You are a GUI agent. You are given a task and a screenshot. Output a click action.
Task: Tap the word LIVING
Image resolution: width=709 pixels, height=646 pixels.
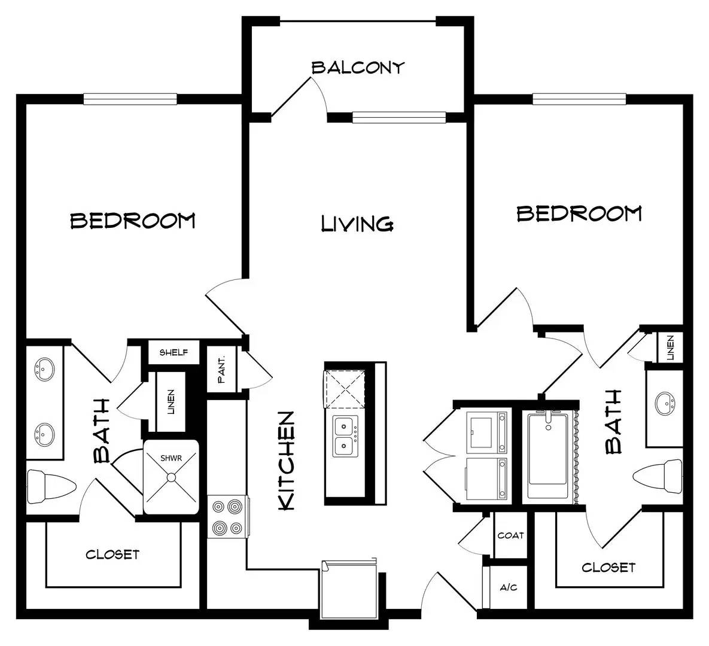(x=357, y=224)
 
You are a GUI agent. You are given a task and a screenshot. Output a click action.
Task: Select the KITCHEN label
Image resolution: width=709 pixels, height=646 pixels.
(x=287, y=461)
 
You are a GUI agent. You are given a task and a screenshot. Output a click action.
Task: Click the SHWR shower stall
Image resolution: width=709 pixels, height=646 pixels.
(x=171, y=477)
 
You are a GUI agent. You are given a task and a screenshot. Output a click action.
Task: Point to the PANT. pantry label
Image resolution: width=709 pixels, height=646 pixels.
(x=221, y=370)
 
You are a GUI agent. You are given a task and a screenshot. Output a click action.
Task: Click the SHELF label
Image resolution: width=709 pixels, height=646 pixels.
(x=174, y=352)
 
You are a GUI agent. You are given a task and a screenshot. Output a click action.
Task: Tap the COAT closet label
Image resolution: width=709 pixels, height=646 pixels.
(x=510, y=536)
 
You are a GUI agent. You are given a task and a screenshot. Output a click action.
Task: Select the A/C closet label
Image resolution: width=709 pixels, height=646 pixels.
(x=508, y=588)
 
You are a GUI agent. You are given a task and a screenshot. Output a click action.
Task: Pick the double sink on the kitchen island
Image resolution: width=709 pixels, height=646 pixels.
(x=346, y=437)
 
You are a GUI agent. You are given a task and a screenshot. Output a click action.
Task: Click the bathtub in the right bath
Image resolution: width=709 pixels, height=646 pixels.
(x=549, y=456)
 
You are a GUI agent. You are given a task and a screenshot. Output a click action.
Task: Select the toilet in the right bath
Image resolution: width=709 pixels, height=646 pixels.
(x=658, y=477)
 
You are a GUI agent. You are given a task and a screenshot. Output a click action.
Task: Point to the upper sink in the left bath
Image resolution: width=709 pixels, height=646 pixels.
(x=44, y=369)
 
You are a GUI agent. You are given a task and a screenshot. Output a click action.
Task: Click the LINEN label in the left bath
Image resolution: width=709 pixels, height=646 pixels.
(x=171, y=402)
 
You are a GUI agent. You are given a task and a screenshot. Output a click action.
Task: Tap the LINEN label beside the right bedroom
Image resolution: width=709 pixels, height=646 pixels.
(x=670, y=348)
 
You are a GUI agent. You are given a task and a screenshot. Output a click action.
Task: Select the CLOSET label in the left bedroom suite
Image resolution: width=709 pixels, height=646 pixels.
(x=112, y=554)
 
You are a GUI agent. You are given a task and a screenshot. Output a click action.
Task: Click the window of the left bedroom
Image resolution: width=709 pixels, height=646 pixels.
(x=130, y=99)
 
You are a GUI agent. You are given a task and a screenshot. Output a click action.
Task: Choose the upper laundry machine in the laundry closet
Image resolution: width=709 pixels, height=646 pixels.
(x=487, y=432)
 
